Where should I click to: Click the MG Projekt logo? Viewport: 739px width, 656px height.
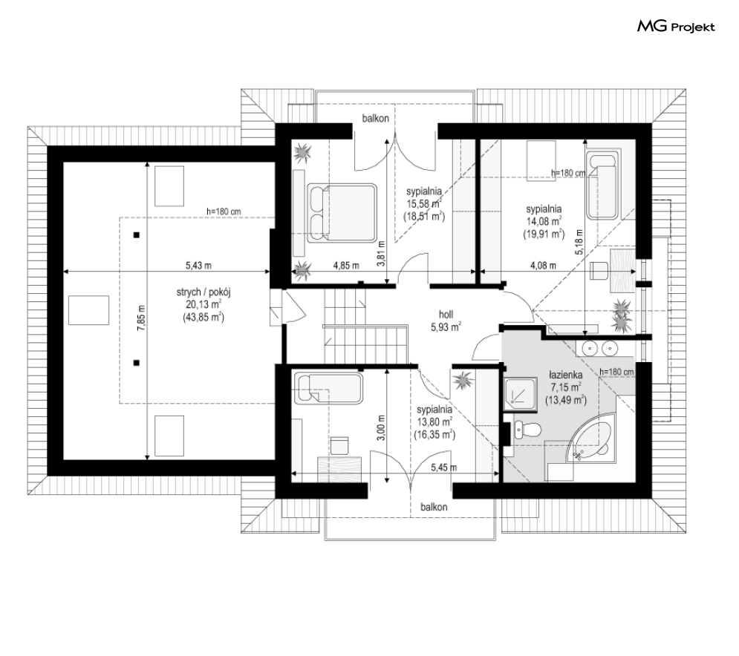coord(676,27)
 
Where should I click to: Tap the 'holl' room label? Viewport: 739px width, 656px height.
coord(446,315)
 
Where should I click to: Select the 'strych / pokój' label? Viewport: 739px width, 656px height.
coord(204,292)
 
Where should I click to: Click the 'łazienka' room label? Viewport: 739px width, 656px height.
coord(565,375)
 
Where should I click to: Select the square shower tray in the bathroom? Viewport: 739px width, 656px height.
coord(520,395)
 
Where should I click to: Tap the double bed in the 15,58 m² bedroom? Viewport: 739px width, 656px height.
coord(342,213)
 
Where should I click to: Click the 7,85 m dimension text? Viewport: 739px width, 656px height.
coord(141,318)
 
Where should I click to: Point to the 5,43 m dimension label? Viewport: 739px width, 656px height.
coord(198,266)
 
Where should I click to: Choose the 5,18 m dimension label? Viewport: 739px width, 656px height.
coord(579,242)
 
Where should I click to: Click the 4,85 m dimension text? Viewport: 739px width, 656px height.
coord(346,266)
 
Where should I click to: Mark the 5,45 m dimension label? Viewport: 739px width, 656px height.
coord(444,468)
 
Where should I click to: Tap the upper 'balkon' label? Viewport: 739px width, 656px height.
coord(376,118)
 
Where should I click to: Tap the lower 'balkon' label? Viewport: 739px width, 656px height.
coord(434,507)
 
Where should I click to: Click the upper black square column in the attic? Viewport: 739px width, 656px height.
coord(136,235)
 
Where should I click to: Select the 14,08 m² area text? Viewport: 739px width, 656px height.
coord(544,221)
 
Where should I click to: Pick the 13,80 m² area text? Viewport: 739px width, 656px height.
coord(434,422)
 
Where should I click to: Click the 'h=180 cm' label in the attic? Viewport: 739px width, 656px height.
coord(224,212)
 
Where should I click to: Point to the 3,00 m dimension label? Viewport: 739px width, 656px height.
coord(382,427)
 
